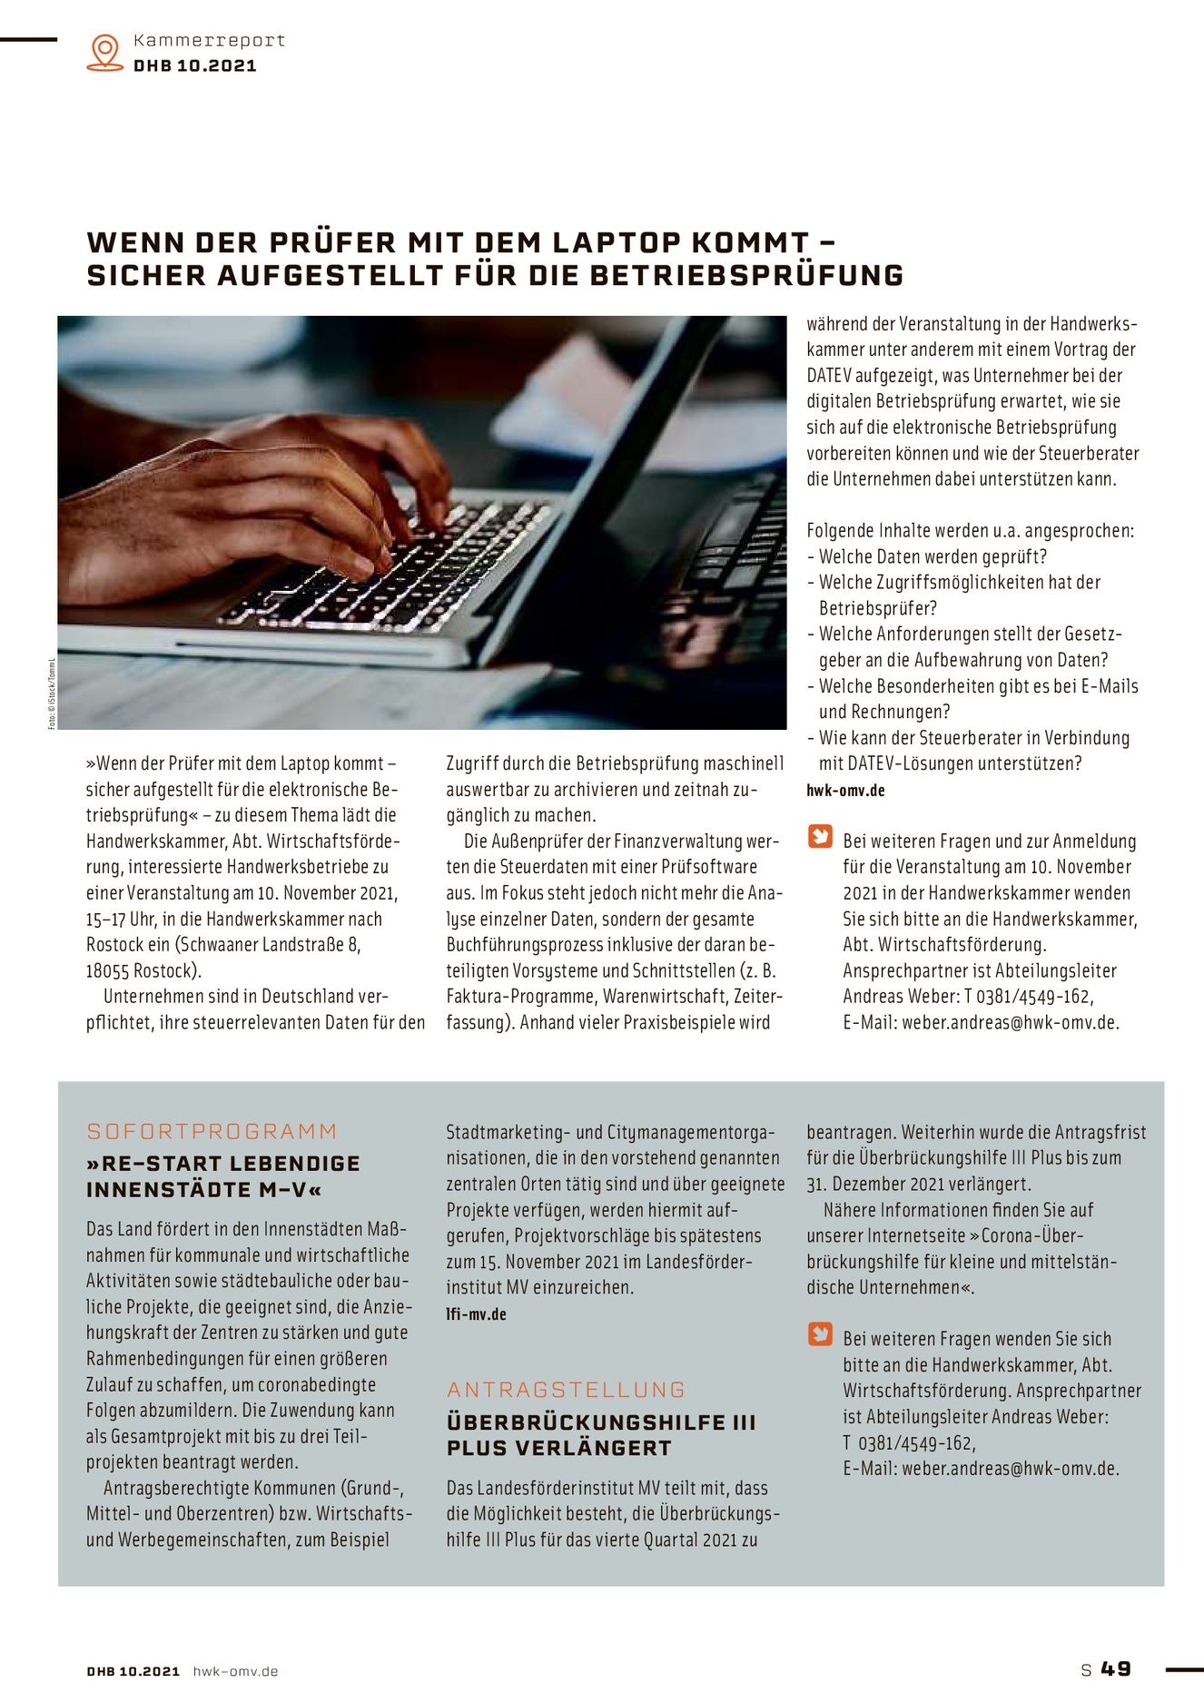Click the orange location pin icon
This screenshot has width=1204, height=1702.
[105, 52]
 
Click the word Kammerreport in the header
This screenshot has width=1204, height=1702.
[209, 40]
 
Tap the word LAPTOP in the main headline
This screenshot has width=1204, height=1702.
[617, 242]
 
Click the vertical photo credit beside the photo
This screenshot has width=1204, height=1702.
[52, 694]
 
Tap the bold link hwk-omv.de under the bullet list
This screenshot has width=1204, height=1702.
[845, 791]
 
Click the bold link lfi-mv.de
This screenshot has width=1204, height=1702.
[476, 1313]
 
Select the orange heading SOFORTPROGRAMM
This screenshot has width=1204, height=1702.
[212, 1131]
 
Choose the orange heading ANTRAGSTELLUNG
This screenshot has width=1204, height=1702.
[566, 1390]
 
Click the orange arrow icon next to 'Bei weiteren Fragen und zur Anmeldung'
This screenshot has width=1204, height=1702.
[820, 836]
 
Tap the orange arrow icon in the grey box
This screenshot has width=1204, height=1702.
[820, 1333]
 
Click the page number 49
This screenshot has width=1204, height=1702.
[1116, 1668]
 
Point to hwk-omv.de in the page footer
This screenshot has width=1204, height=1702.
[235, 1671]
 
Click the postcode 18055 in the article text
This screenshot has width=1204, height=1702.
[108, 970]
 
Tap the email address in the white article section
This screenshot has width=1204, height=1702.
[1010, 1022]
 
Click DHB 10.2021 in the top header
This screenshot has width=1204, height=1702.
[194, 65]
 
